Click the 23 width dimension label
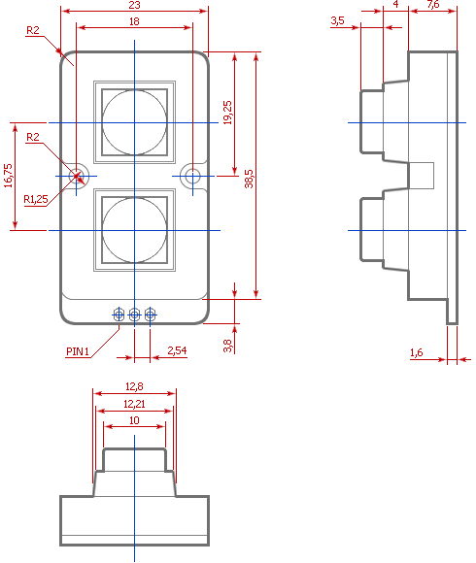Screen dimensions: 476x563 coord(134,5)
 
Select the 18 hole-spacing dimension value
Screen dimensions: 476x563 coord(134,21)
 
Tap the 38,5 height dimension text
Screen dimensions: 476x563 coord(249,179)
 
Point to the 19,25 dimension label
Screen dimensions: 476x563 coord(227,113)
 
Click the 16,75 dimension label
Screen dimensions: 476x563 coord(8,176)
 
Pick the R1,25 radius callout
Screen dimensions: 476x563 coord(36,199)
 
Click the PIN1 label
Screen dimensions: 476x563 coord(78,351)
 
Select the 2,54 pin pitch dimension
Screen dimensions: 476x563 coord(177,350)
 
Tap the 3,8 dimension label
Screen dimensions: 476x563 coord(227,347)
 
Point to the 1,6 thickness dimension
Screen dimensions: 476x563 coord(417,352)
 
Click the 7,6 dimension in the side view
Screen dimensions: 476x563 coord(433,4)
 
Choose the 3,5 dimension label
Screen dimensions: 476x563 coord(338,20)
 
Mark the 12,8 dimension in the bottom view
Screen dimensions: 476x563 coord(134,386)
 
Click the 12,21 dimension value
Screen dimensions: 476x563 coord(134,405)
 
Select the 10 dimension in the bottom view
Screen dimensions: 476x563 coord(134,420)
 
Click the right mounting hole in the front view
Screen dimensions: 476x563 coord(192,176)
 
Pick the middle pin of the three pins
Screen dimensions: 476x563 coord(134,315)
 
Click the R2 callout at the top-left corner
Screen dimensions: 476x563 coord(33,30)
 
